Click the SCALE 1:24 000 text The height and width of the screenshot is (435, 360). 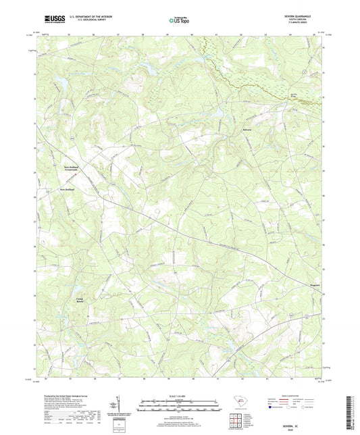[180, 395]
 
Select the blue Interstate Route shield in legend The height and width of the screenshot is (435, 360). [273, 408]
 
